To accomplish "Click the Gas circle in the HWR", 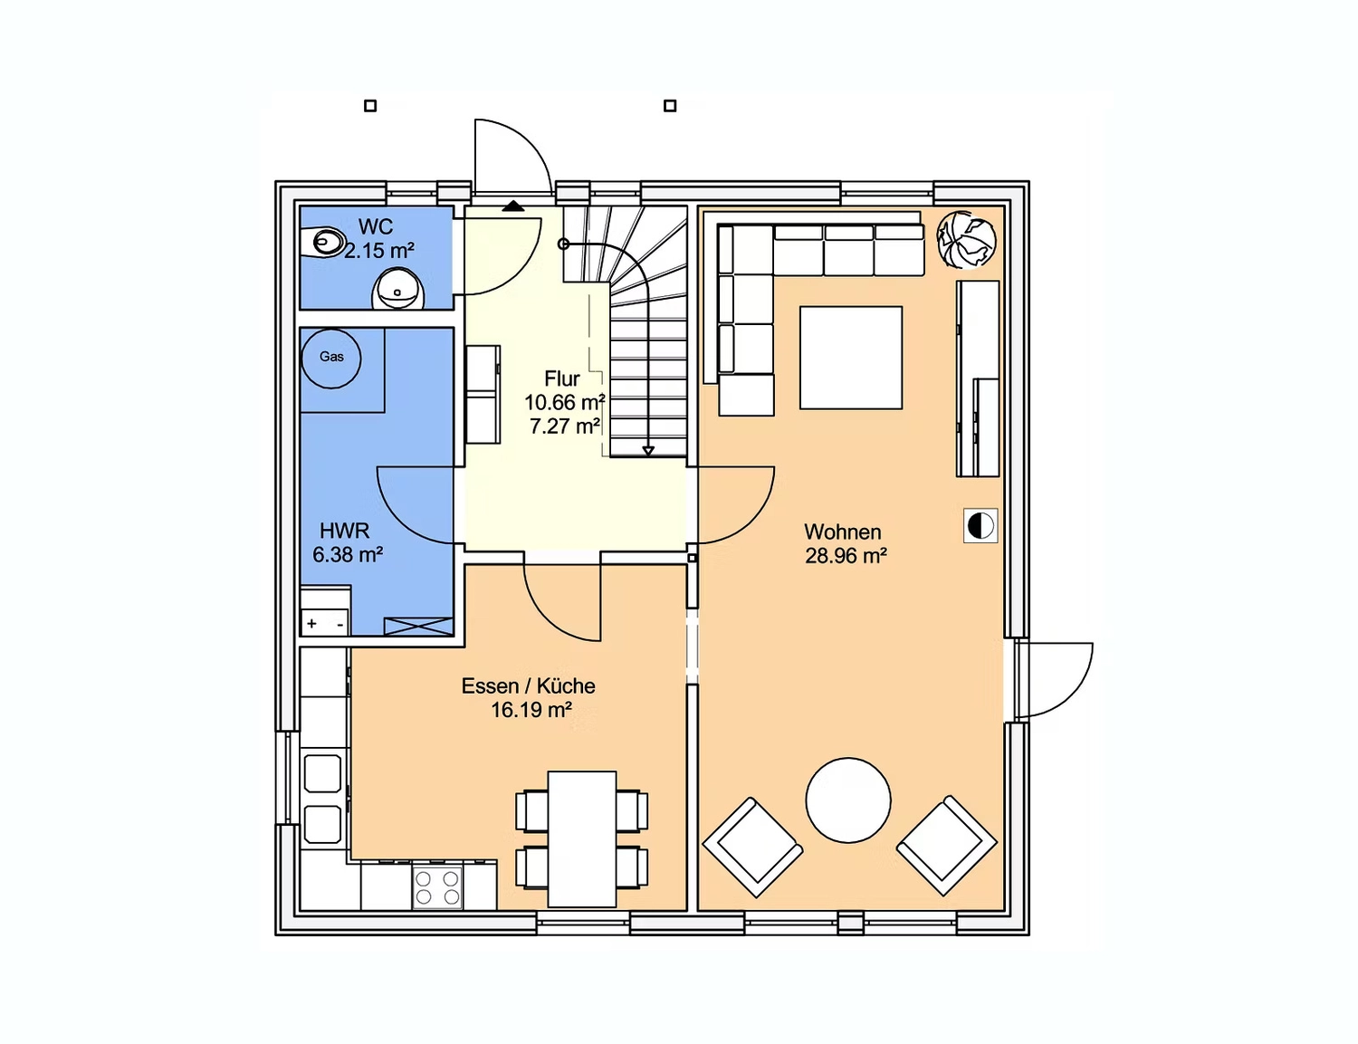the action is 331,359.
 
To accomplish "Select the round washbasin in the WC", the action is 398,290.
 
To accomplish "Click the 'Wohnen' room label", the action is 843,532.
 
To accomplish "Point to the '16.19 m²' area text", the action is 531,711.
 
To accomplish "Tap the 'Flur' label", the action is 562,378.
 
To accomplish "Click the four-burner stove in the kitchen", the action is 437,887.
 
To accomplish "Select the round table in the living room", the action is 848,800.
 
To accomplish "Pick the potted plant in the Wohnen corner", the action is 966,240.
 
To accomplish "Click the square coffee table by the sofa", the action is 850,358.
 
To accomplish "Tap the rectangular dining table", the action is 582,839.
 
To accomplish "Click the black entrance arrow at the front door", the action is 513,206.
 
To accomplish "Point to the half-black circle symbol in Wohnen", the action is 980,525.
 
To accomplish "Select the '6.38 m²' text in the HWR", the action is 348,555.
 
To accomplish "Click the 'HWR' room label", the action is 344,532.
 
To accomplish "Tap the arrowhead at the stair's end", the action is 648,450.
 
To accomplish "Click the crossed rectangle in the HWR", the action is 418,626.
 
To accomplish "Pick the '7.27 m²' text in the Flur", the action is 565,426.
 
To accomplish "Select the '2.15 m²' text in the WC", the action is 379,251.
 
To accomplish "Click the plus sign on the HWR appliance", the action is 311,624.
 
